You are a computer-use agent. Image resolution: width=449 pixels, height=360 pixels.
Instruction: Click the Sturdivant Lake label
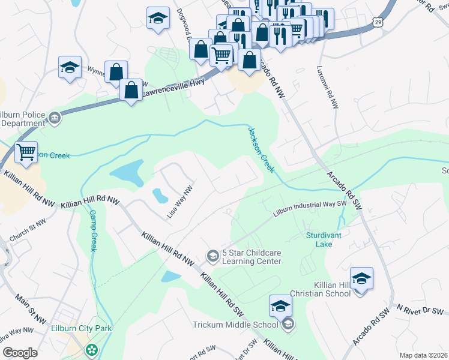[324, 239]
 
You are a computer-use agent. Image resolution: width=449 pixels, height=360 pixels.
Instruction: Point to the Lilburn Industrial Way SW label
[310, 208]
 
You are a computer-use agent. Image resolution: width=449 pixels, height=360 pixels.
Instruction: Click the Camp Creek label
[93, 230]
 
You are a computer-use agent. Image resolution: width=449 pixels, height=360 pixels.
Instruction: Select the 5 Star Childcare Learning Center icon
[211, 256]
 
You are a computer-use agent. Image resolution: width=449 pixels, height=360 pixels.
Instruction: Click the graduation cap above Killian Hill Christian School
[361, 278]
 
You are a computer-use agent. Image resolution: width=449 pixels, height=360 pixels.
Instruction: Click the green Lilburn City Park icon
[91, 349]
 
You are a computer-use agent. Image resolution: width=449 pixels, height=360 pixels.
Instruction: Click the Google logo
[20, 353]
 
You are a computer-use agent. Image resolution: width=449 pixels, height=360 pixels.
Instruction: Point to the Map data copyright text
[423, 355]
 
